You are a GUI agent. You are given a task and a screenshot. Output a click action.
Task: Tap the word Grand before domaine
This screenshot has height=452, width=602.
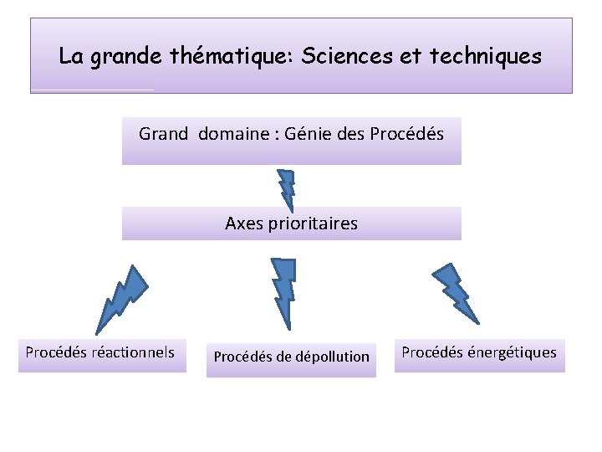point(164,133)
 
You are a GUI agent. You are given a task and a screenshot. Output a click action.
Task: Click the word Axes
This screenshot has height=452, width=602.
point(242,223)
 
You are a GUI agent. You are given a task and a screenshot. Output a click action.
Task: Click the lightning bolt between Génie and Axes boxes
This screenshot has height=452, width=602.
point(287,190)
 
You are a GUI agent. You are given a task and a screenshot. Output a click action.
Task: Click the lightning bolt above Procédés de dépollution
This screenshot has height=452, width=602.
point(284,289)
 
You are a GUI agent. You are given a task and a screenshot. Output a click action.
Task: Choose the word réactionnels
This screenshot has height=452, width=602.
point(135,352)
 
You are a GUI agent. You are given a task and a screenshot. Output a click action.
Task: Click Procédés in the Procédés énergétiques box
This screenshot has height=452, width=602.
point(431,352)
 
